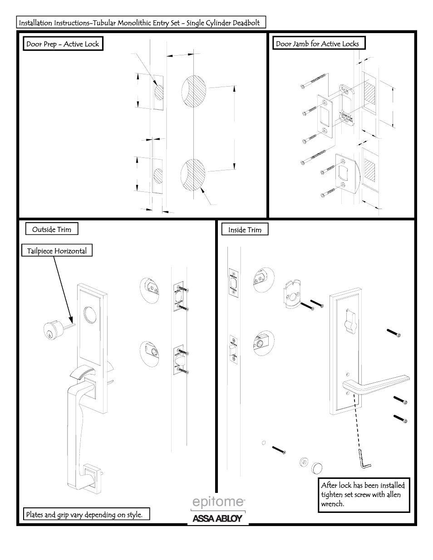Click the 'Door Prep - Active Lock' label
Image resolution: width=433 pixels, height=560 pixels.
[x=63, y=44]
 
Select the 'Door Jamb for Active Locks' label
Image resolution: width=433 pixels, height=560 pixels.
[x=318, y=44]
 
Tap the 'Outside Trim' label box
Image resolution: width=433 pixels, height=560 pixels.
[x=52, y=229]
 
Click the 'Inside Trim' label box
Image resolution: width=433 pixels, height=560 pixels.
[x=245, y=230]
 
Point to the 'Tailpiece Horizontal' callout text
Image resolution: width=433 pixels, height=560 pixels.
[x=57, y=251]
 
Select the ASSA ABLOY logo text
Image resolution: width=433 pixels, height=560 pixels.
[x=218, y=518]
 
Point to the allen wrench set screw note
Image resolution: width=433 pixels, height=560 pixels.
[x=363, y=495]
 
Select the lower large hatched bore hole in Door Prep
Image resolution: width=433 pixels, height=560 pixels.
[x=193, y=173]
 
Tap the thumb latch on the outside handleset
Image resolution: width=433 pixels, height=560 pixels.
[x=82, y=372]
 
